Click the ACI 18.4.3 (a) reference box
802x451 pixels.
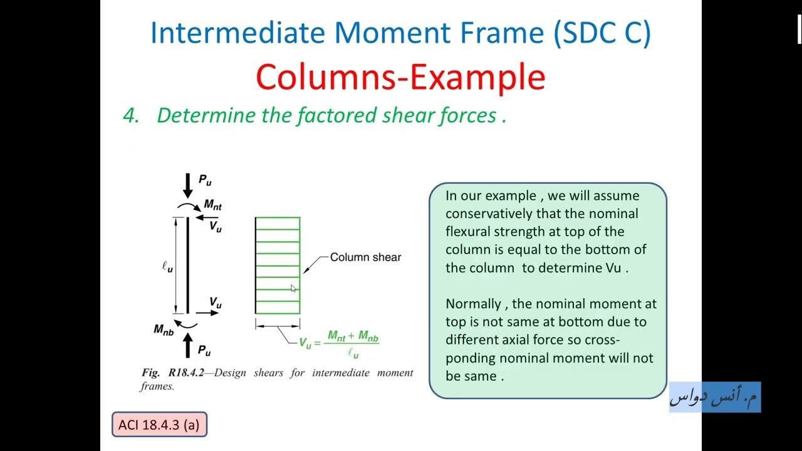point(159,425)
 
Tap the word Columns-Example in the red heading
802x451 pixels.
point(400,78)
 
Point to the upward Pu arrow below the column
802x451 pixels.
point(187,345)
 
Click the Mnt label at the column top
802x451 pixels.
point(212,205)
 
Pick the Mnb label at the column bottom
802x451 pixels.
point(164,330)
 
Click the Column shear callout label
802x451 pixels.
point(365,257)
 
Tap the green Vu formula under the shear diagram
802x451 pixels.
point(339,343)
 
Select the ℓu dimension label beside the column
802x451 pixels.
point(167,266)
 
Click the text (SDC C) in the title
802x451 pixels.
point(602,33)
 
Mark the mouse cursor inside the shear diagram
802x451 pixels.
point(294,288)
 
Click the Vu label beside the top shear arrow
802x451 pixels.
point(215,227)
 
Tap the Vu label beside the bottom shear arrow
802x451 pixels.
point(215,303)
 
